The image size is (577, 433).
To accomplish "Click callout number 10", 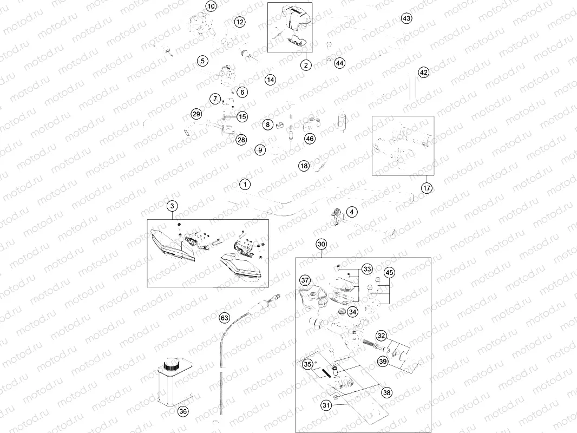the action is pos(211,6).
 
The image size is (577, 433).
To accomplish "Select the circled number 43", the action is pos(406,18).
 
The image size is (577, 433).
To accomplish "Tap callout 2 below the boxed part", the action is pos(306,65).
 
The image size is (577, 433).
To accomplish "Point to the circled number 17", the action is pos(427,188).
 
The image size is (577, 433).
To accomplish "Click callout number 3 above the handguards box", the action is pos(172,206).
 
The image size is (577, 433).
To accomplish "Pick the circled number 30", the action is pos(322,244).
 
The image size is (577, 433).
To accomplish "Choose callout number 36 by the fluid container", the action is pos(183,411).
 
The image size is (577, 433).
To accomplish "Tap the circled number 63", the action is pos(225,318).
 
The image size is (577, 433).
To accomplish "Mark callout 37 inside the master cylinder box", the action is pos(305,280).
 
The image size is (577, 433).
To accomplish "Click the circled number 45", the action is pos(389,273).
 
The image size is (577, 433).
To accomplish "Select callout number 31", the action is pos(326,405).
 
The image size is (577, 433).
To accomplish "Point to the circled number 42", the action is pos(424,72).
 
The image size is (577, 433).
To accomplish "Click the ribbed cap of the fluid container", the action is pos(171,365).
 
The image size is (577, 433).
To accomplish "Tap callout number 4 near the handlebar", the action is pos(352,212).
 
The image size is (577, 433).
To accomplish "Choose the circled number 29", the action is pos(196,114).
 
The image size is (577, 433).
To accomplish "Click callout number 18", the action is pos(304,166).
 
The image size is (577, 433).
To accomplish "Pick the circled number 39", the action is pos(383,361).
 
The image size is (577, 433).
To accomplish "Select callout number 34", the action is pos(352,312).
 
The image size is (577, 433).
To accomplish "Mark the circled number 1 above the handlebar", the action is pos(245,185).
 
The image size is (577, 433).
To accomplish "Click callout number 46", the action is pos(310,139).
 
